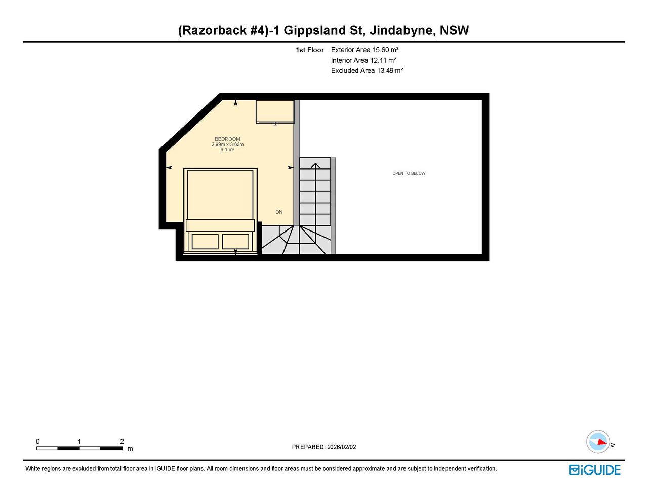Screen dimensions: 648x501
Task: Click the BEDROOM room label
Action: [227, 139]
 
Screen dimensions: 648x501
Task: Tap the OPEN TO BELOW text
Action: [409, 173]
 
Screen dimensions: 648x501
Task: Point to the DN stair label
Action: [279, 212]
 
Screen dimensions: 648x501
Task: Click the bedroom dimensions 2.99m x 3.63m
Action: [227, 144]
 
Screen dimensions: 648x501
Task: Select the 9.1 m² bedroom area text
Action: [227, 150]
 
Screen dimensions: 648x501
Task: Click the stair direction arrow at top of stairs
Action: [315, 165]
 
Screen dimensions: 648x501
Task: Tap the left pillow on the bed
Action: [205, 242]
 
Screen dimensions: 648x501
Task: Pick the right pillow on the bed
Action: [235, 242]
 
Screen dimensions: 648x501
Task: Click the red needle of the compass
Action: [602, 442]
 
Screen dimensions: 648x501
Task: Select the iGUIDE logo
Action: [595, 470]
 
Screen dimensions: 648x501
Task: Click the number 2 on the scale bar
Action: [122, 441]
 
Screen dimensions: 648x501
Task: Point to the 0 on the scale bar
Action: [38, 441]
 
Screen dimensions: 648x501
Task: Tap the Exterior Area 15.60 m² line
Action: [364, 50]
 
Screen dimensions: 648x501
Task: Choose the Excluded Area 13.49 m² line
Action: [367, 71]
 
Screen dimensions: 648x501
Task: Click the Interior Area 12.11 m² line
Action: [363, 60]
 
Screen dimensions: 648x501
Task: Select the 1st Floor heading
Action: [309, 50]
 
